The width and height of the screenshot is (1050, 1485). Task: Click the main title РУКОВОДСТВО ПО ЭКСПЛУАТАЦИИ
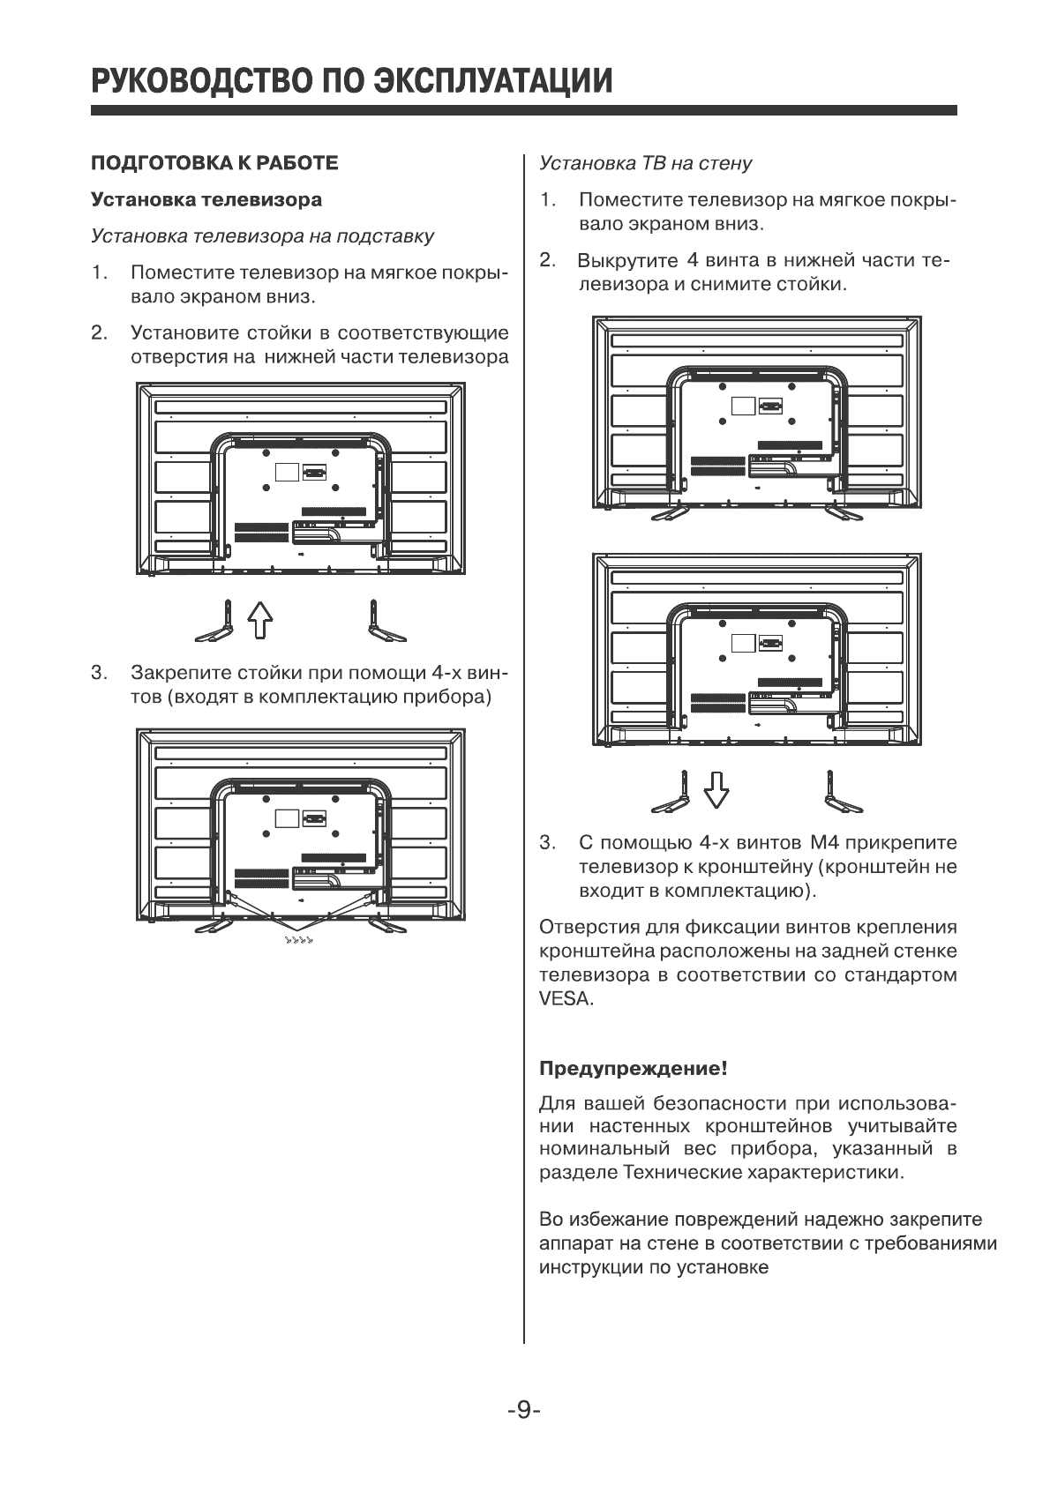(351, 80)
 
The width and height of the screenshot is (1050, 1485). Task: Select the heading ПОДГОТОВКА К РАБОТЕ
(214, 163)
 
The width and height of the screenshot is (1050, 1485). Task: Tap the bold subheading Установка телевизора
(206, 199)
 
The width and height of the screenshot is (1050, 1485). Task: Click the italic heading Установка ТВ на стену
(645, 163)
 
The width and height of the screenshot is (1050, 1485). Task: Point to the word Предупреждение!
(633, 1069)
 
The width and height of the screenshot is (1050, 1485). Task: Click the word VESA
(566, 1000)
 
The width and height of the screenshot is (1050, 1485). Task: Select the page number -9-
(523, 1410)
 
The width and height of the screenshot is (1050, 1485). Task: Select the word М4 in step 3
(810, 843)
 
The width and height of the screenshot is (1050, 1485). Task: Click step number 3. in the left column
(99, 674)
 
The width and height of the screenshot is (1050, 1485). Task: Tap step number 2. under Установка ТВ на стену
(547, 261)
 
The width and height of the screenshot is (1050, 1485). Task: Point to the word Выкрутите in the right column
(627, 261)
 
